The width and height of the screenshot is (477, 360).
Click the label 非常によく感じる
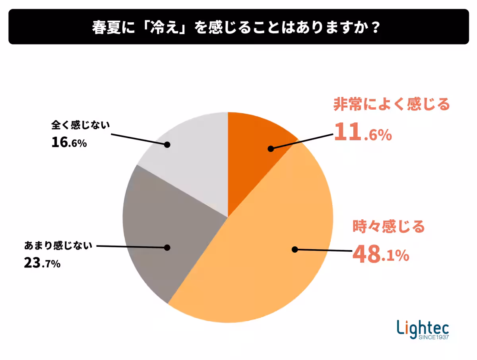[x=391, y=105]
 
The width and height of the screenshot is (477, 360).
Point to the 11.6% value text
[x=363, y=132]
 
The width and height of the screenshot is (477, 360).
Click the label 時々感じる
[x=389, y=227]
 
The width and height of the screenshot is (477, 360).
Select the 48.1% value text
[x=380, y=255]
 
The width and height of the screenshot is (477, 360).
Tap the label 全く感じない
[x=80, y=125]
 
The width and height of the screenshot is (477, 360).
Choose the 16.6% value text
[x=69, y=143]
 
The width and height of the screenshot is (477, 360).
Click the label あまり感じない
[x=58, y=245]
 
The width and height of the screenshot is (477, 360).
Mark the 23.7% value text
[x=42, y=263]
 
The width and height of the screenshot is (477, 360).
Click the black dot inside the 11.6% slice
[x=271, y=149]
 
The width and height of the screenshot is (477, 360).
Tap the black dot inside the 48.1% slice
[x=295, y=250]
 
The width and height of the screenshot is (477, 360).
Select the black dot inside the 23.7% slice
[x=167, y=248]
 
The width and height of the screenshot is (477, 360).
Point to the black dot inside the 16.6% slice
[x=167, y=145]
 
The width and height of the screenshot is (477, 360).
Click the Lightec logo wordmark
[x=423, y=327]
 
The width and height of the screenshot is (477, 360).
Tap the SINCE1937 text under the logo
[x=433, y=338]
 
